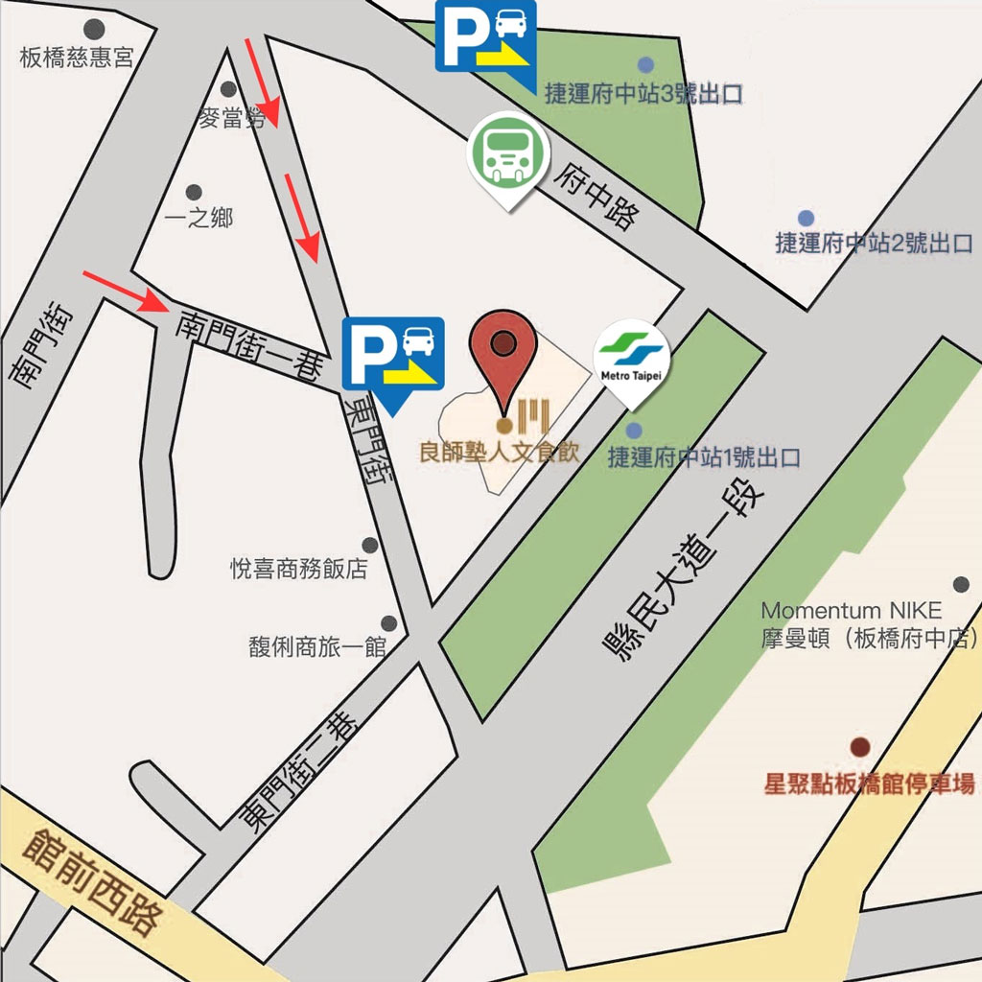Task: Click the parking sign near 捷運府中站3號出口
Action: (x=486, y=37)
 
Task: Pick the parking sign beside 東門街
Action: (x=393, y=355)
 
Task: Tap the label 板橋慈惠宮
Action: (x=77, y=58)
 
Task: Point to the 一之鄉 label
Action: (x=199, y=219)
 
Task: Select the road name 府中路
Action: (x=595, y=197)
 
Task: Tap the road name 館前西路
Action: (x=92, y=883)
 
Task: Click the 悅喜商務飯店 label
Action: (x=299, y=570)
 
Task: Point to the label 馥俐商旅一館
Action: (x=316, y=647)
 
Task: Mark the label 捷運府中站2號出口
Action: (x=874, y=244)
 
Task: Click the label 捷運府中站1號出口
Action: (x=704, y=457)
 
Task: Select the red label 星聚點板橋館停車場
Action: (x=869, y=783)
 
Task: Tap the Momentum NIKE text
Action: (x=851, y=611)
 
